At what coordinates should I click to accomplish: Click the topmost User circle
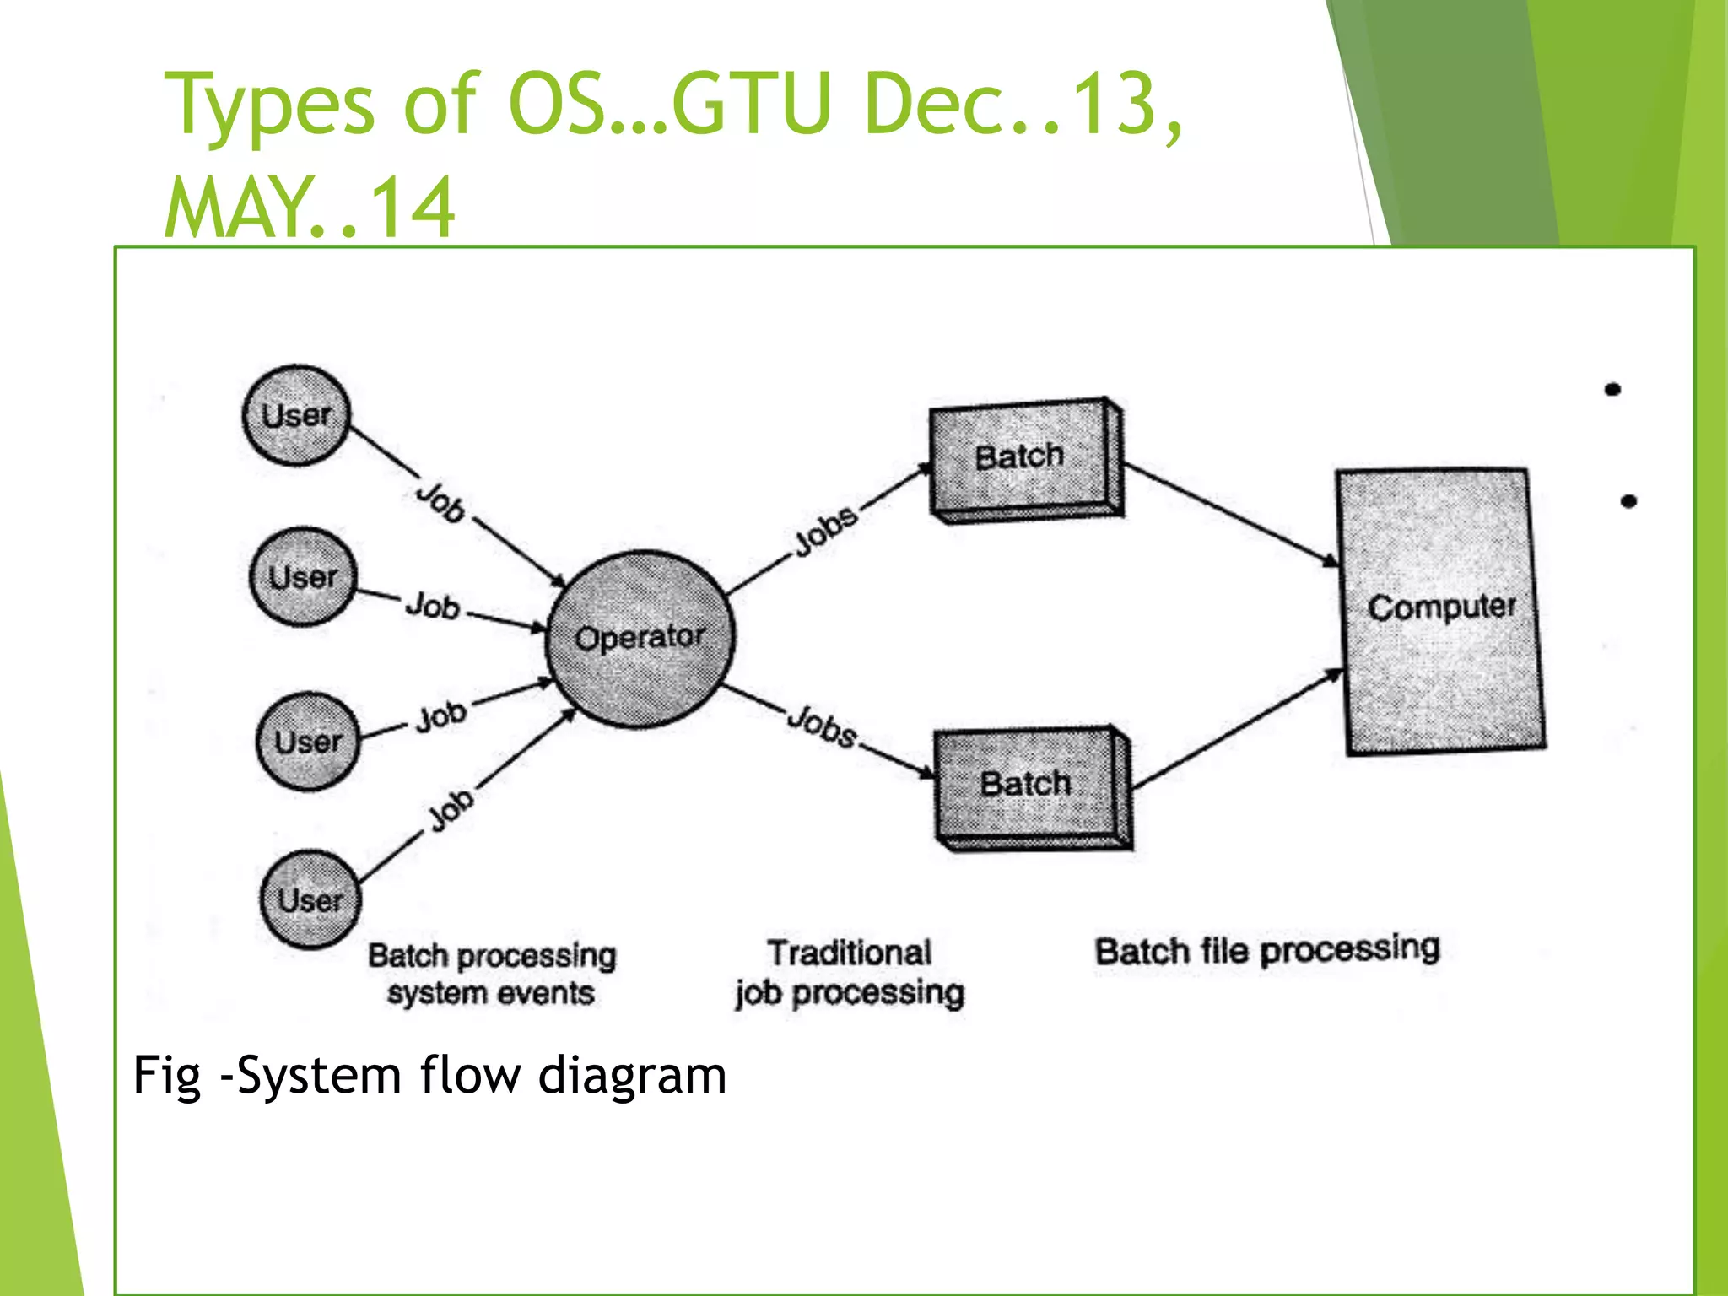295,415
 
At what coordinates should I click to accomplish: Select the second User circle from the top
303,577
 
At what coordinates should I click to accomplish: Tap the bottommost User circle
310,899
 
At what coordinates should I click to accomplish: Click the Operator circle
640,638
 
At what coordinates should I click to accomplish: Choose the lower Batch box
1029,786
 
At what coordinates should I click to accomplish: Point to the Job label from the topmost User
440,501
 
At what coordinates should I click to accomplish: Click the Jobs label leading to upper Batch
825,531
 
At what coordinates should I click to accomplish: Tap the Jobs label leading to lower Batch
821,726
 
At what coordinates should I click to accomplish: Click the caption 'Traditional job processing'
850,972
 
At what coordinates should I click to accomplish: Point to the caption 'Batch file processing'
1266,951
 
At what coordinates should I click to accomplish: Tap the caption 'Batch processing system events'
492,974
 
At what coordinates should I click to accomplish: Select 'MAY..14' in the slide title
310,208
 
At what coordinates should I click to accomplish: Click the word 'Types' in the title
268,105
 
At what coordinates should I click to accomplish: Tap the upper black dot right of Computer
1612,389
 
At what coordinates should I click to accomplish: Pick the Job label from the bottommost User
450,810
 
